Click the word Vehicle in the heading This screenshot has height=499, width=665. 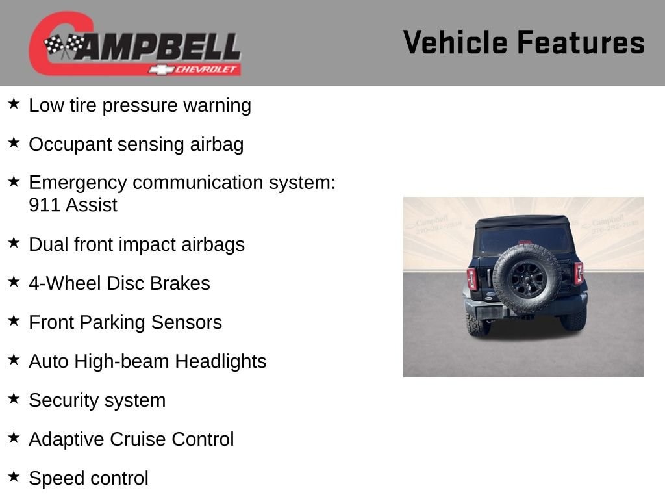[455, 42]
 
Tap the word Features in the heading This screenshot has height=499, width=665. [581, 42]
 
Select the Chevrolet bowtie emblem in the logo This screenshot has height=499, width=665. [161, 70]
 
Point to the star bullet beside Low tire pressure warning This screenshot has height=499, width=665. [14, 103]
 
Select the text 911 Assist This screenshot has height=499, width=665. [73, 205]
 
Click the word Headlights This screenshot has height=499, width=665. [221, 361]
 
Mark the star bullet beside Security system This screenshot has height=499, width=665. [14, 398]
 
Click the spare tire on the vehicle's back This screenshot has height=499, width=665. [527, 278]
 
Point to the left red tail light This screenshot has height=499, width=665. [472, 279]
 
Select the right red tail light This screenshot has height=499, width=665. [579, 273]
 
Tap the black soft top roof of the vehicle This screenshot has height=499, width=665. [522, 222]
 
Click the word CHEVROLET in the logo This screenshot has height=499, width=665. [205, 70]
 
